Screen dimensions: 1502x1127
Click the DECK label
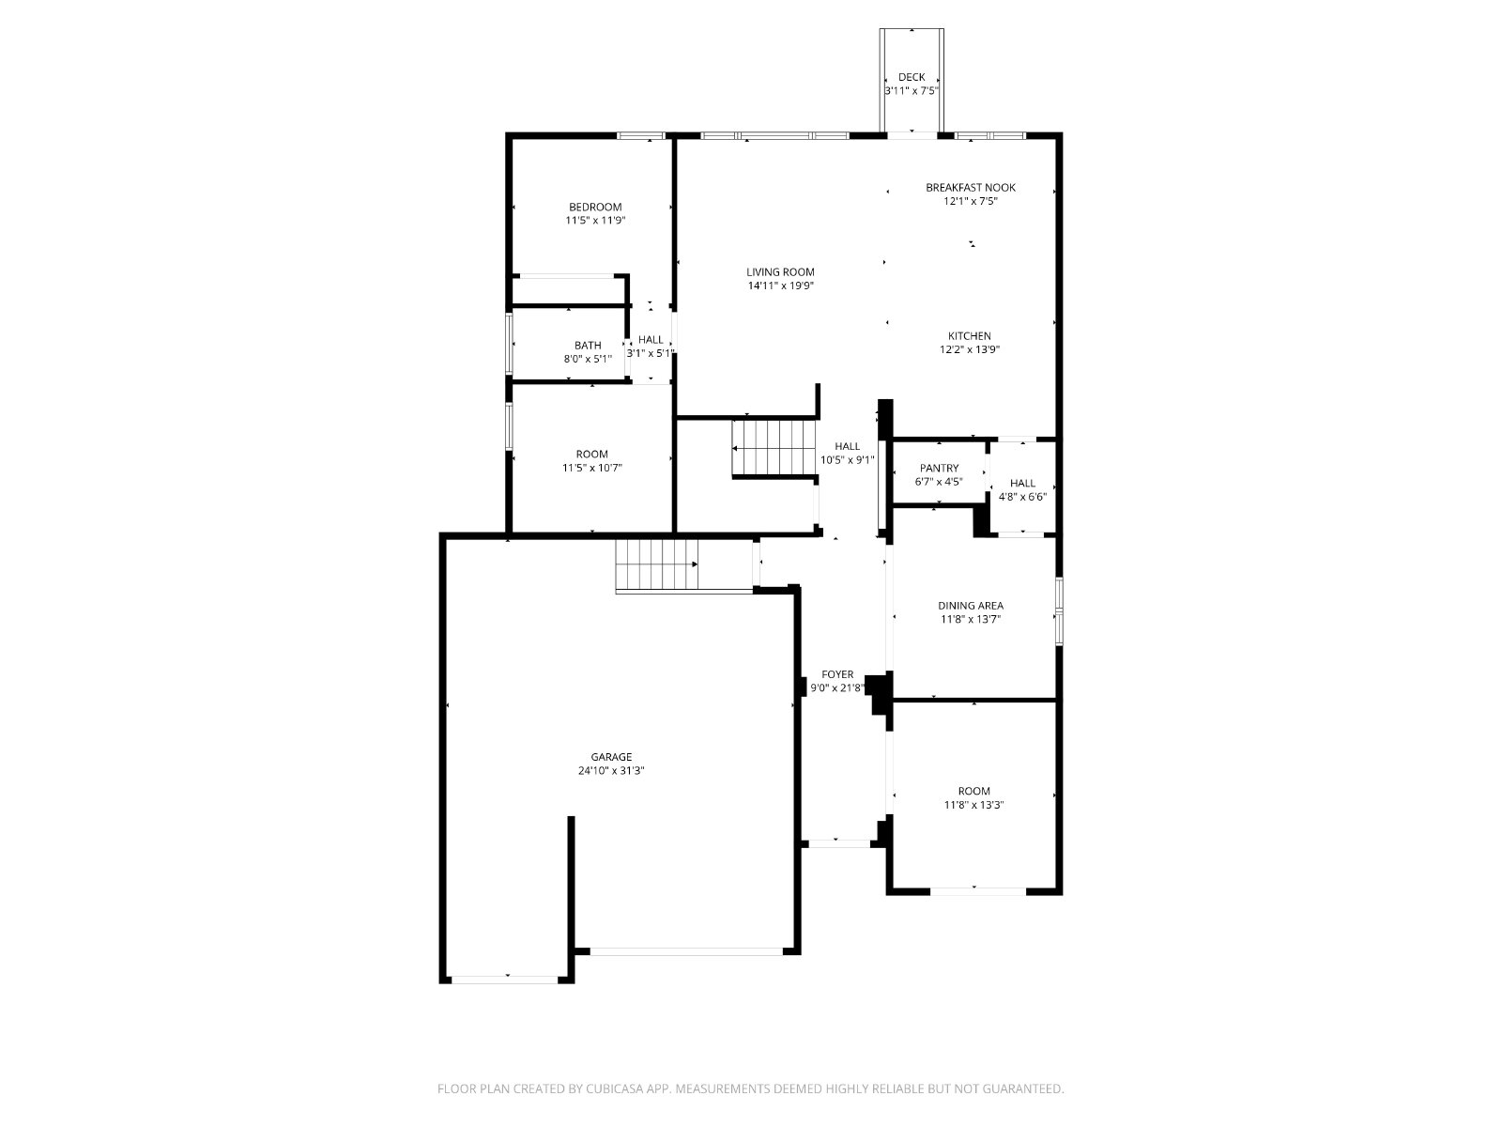[911, 77]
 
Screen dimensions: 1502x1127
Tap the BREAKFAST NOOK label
[971, 188]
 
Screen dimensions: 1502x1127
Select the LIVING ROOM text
[780, 272]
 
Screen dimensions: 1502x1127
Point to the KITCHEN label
[969, 336]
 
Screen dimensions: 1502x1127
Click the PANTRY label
[939, 468]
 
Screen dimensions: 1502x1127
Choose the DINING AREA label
[971, 606]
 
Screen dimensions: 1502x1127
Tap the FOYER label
[837, 674]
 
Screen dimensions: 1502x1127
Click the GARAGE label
[611, 757]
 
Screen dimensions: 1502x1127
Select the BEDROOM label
[595, 208]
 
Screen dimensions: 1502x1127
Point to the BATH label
[588, 346]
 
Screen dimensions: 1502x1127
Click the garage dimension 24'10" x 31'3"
[611, 770]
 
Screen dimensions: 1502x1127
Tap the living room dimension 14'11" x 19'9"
[780, 286]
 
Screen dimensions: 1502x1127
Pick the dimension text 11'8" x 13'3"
[973, 805]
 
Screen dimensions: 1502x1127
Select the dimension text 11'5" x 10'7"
[592, 468]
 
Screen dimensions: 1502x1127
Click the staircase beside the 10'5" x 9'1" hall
[774, 448]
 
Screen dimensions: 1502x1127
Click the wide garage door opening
[686, 951]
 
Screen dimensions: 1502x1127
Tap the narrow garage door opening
[505, 980]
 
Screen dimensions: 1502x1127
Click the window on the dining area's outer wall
[1059, 611]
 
